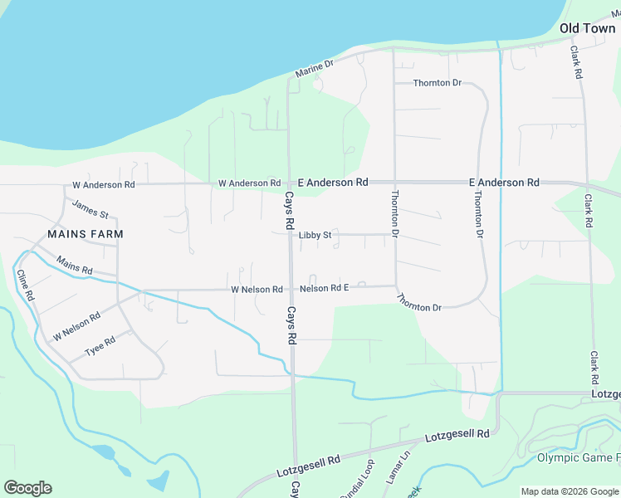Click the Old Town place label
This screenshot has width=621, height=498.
pos(587,28)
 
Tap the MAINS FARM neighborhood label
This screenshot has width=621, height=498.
pos(86,234)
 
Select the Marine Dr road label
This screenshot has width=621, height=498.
pos(315,69)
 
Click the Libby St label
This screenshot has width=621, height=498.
pos(315,235)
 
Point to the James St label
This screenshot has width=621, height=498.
pos(90,209)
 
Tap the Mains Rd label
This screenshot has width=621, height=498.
pos(75,266)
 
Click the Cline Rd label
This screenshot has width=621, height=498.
pos(25,285)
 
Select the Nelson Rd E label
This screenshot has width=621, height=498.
pos(324,288)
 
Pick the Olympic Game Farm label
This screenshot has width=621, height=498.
pos(578,458)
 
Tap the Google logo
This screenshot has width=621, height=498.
pos(27,488)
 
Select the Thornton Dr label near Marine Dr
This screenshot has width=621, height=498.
pos(438,83)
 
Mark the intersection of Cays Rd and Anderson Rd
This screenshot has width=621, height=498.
pos(289,183)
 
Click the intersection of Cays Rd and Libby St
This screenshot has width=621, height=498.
pos(290,235)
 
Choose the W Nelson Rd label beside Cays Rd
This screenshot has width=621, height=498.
pos(257,290)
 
